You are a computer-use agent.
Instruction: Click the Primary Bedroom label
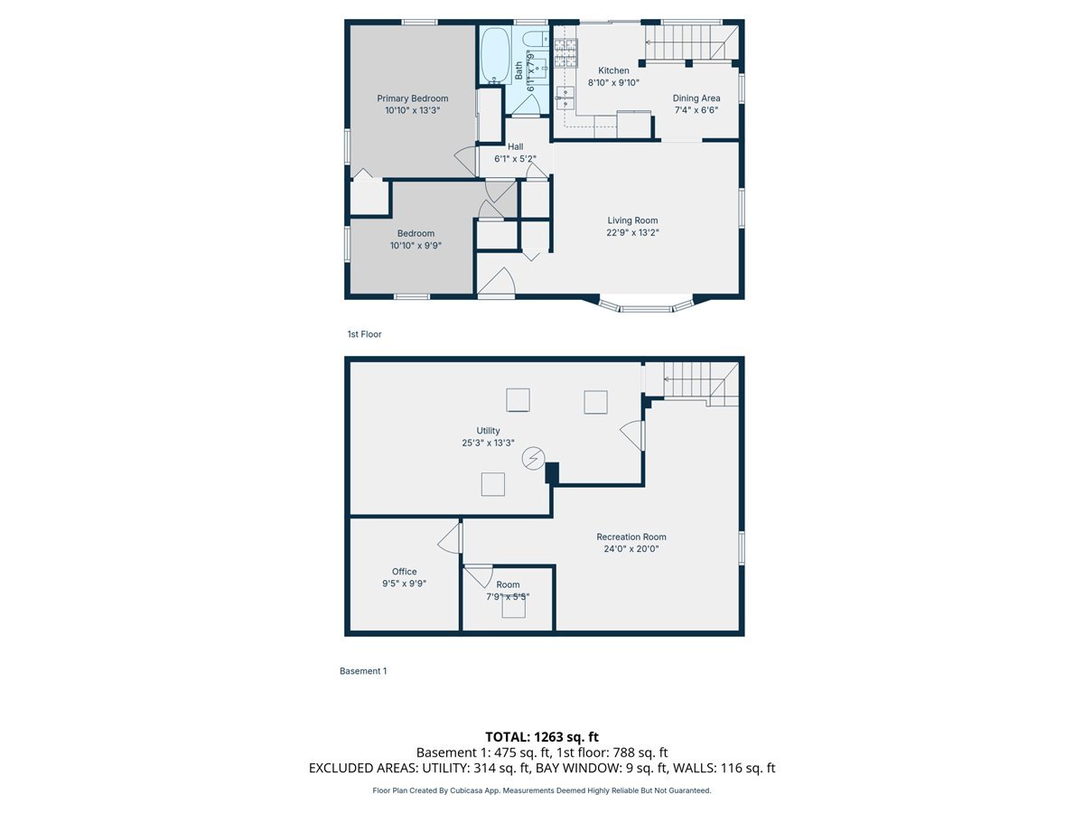pos(412,98)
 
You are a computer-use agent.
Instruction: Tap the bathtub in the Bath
pos(494,56)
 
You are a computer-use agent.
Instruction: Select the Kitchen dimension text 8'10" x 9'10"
pos(613,82)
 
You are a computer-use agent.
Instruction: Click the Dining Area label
pos(696,98)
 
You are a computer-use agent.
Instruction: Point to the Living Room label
pos(632,220)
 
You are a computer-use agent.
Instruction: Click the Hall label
pos(515,146)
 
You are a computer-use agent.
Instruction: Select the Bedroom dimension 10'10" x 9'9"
pos(416,245)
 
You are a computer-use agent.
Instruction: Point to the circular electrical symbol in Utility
pos(533,460)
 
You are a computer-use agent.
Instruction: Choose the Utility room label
pos(488,431)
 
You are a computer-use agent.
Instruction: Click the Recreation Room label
pos(631,537)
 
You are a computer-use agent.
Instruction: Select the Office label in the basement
pos(404,571)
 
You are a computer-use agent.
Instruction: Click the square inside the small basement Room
pos(514,609)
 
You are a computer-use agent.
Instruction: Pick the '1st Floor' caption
pos(364,334)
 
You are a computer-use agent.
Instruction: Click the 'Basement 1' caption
pos(362,671)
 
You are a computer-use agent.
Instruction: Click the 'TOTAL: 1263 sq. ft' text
pos(541,737)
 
